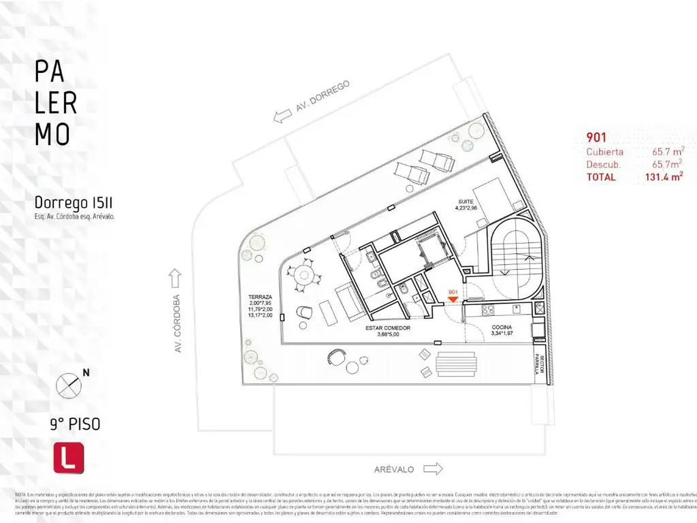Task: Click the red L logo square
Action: [68, 458]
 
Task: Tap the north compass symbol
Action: [69, 385]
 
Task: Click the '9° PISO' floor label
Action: [75, 424]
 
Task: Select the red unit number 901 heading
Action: [596, 136]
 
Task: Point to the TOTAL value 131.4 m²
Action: [664, 177]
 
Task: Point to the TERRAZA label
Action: [261, 298]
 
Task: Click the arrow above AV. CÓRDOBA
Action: [176, 278]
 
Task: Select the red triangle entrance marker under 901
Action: [453, 299]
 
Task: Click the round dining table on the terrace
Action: [301, 275]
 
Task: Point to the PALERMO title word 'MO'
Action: [52, 134]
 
